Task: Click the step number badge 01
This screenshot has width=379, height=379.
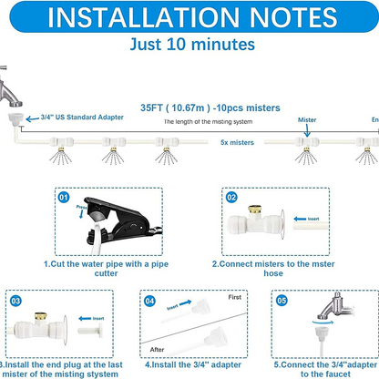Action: click(64, 195)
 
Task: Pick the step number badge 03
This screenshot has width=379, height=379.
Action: click(16, 299)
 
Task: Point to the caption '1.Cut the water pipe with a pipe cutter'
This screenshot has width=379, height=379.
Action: click(108, 270)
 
